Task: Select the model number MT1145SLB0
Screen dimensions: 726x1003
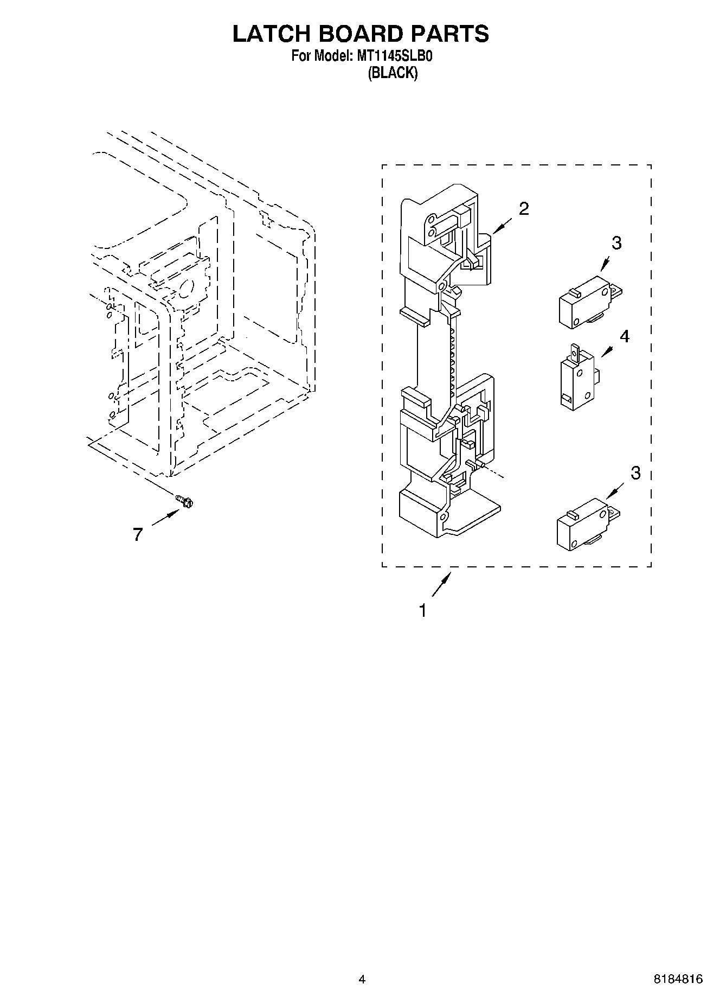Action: pyautogui.click(x=394, y=56)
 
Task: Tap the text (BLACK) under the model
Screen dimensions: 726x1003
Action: pyautogui.click(x=393, y=73)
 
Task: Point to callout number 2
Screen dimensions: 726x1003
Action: pyautogui.click(x=524, y=209)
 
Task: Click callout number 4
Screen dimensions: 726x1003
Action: pyautogui.click(x=625, y=336)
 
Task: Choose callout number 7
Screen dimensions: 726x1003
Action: pyautogui.click(x=138, y=535)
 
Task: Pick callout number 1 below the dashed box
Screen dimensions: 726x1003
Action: pyautogui.click(x=422, y=611)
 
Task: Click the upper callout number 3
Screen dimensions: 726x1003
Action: pyautogui.click(x=616, y=244)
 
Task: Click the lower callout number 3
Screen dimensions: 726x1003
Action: pyautogui.click(x=635, y=473)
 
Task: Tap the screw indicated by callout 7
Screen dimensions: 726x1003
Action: pyautogui.click(x=185, y=502)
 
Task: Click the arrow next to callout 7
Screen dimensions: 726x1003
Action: pyautogui.click(x=165, y=518)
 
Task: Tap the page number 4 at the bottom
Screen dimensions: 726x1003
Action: pyautogui.click(x=362, y=979)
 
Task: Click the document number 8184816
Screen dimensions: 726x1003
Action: pyautogui.click(x=678, y=979)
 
